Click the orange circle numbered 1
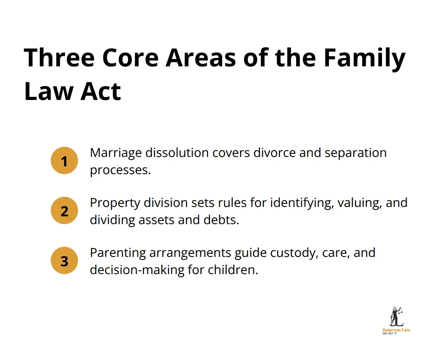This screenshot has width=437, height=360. (64, 160)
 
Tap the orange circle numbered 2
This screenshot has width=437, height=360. (64, 211)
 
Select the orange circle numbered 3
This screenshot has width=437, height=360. (64, 261)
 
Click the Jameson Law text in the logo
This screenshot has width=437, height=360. (396, 330)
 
